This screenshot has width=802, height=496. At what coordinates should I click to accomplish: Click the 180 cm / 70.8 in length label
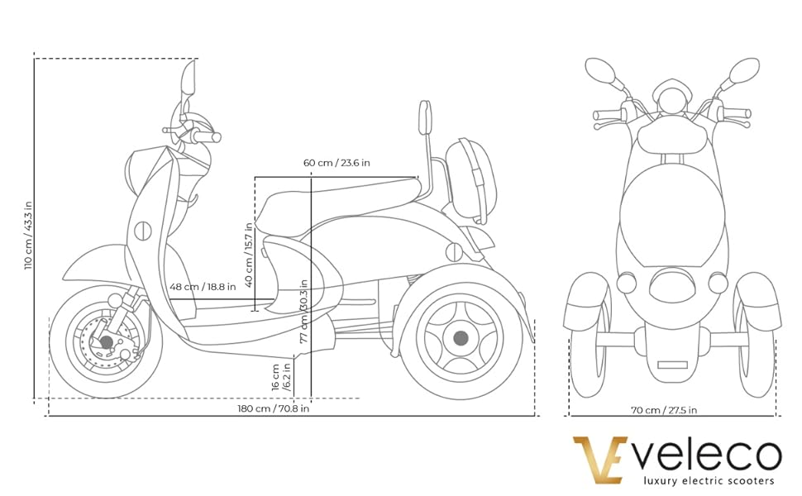273,408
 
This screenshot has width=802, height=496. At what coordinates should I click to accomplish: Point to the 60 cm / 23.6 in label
337,163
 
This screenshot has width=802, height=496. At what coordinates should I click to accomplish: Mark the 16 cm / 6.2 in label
281,376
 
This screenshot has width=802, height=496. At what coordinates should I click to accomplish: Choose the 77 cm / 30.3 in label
304,310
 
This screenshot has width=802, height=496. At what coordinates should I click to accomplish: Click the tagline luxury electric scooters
709,480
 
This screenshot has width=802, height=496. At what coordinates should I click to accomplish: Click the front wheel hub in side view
106,342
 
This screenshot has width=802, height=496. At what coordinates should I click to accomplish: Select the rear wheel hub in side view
461,337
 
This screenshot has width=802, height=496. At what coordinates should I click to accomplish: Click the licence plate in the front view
672,364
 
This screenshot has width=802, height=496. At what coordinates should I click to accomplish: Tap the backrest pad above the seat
426,120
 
